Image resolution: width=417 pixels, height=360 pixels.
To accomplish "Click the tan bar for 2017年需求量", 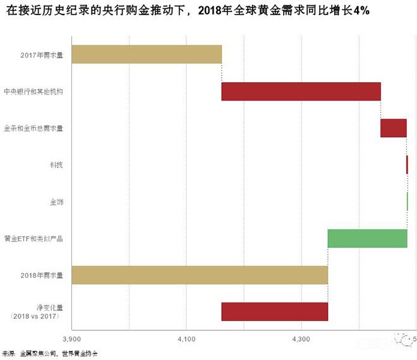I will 147,54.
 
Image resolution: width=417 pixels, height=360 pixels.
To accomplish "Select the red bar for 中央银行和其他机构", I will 301,91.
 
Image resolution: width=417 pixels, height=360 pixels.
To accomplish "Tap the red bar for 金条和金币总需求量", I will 393,128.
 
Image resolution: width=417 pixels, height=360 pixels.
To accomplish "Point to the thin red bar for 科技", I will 407,165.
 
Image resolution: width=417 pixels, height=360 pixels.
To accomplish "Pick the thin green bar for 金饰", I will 408,201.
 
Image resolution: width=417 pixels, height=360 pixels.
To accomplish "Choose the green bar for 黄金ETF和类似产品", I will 367,238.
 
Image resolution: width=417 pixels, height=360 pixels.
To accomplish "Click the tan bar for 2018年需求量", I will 200,275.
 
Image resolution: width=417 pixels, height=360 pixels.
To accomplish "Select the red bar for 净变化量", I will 274,312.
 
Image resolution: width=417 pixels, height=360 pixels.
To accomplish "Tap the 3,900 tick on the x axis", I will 71,340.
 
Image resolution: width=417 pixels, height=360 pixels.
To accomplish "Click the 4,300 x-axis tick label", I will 301,340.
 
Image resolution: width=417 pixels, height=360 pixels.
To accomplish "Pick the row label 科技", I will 56,165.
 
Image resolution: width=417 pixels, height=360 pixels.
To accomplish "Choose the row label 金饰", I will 56,202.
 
